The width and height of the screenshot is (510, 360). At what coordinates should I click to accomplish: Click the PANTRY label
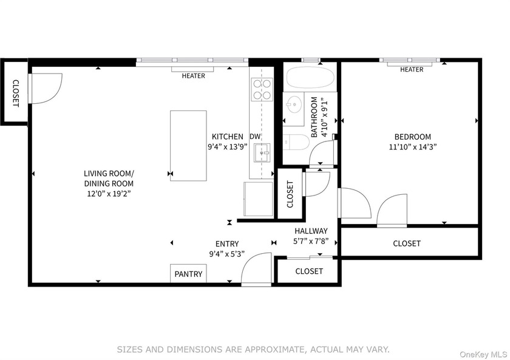pos(188,274)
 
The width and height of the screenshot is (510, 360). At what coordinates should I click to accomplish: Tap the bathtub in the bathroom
pos(310,77)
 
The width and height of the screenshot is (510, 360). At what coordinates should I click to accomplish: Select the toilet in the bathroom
pos(296,142)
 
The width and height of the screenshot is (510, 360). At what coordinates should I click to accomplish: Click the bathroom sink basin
pos(294,105)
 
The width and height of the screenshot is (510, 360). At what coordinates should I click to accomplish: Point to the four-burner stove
pos(262,89)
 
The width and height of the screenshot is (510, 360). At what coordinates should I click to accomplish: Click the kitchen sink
pos(262,152)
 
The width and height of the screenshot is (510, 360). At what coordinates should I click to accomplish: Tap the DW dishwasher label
pos(255,137)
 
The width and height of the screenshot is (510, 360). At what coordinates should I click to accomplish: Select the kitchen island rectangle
pos(188,146)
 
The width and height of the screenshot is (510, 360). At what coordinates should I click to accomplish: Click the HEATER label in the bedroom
pos(412,70)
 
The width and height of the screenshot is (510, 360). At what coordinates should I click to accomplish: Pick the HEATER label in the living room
pos(193,76)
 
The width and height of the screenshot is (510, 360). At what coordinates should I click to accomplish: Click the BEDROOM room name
pos(412,137)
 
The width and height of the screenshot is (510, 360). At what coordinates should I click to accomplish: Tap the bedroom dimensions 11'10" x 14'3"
pos(412,147)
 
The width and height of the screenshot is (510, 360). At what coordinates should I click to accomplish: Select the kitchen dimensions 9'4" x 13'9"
pos(228,147)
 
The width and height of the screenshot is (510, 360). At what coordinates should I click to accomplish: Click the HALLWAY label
pos(311,231)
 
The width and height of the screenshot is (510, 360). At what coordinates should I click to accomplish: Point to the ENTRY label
pos(227,244)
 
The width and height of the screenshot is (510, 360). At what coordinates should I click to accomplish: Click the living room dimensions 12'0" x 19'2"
pos(109,194)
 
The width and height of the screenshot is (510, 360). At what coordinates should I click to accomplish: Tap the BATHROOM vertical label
pos(314,117)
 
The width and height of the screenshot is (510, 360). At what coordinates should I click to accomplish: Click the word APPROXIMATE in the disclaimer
pos(274,350)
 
